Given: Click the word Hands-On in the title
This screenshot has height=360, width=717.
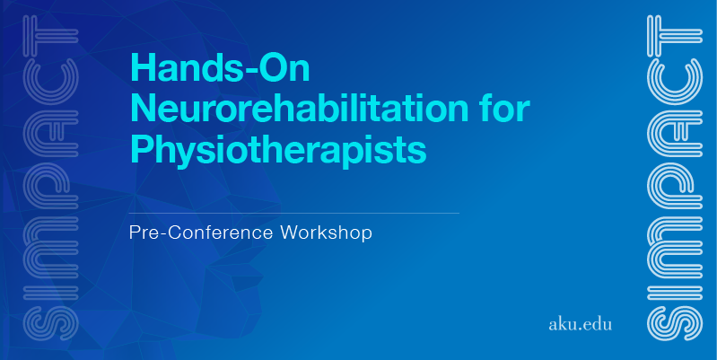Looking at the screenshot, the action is [x=221, y=67].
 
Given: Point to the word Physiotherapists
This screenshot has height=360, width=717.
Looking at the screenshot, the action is [x=278, y=150].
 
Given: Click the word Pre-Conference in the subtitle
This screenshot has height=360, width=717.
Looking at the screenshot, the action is [x=201, y=233].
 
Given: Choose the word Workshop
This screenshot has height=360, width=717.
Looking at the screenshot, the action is [x=326, y=233].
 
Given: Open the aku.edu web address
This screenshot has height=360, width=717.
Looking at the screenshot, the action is [x=580, y=324].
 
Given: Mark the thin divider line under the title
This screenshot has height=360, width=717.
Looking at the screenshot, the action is [x=294, y=213].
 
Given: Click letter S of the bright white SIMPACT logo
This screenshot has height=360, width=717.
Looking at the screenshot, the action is [x=675, y=323].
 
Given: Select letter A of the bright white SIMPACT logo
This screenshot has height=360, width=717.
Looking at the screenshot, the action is [x=675, y=133].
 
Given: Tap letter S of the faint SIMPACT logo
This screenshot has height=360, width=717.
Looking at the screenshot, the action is [x=51, y=323].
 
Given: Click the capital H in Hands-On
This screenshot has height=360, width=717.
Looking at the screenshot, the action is [x=143, y=67].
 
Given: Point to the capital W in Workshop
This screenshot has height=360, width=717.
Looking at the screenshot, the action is [x=291, y=233].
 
